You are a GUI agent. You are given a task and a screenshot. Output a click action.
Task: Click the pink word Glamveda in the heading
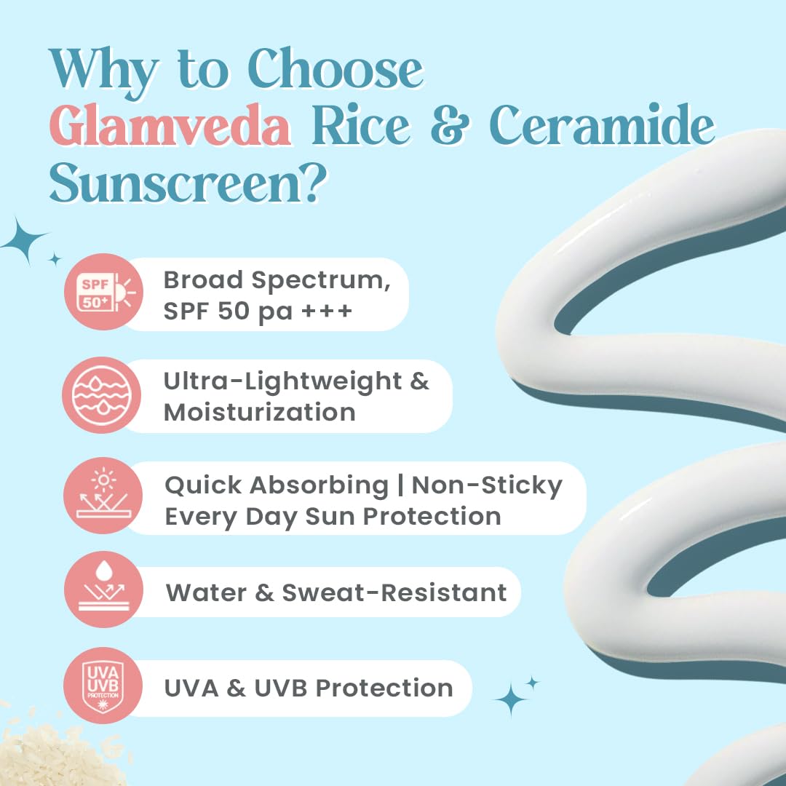[170, 125]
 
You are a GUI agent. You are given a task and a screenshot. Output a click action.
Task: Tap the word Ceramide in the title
[602, 124]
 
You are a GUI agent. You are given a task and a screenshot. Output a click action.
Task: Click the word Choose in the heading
[336, 68]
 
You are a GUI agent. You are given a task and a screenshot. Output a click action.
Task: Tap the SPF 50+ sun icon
[104, 292]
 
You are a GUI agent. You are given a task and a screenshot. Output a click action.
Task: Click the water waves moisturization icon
[102, 395]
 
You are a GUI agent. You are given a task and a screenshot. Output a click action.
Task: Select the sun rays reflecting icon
[103, 496]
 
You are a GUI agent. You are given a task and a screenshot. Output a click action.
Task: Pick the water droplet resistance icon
[104, 589]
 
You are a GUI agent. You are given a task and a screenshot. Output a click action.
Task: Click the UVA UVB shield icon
[103, 686]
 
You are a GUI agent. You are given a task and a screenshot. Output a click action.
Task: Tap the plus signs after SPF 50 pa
[327, 311]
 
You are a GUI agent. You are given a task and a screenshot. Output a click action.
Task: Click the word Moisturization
[260, 413]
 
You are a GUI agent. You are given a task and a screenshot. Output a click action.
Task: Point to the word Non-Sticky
[487, 485]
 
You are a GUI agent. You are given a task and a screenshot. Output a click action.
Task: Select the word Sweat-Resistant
[394, 592]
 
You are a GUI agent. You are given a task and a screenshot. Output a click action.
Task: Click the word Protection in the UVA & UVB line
[384, 688]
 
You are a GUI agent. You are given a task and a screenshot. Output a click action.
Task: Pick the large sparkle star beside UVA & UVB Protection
[511, 699]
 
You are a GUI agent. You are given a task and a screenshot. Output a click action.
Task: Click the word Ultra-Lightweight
[282, 382]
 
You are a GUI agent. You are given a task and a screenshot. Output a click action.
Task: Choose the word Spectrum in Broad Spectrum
[321, 281]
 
